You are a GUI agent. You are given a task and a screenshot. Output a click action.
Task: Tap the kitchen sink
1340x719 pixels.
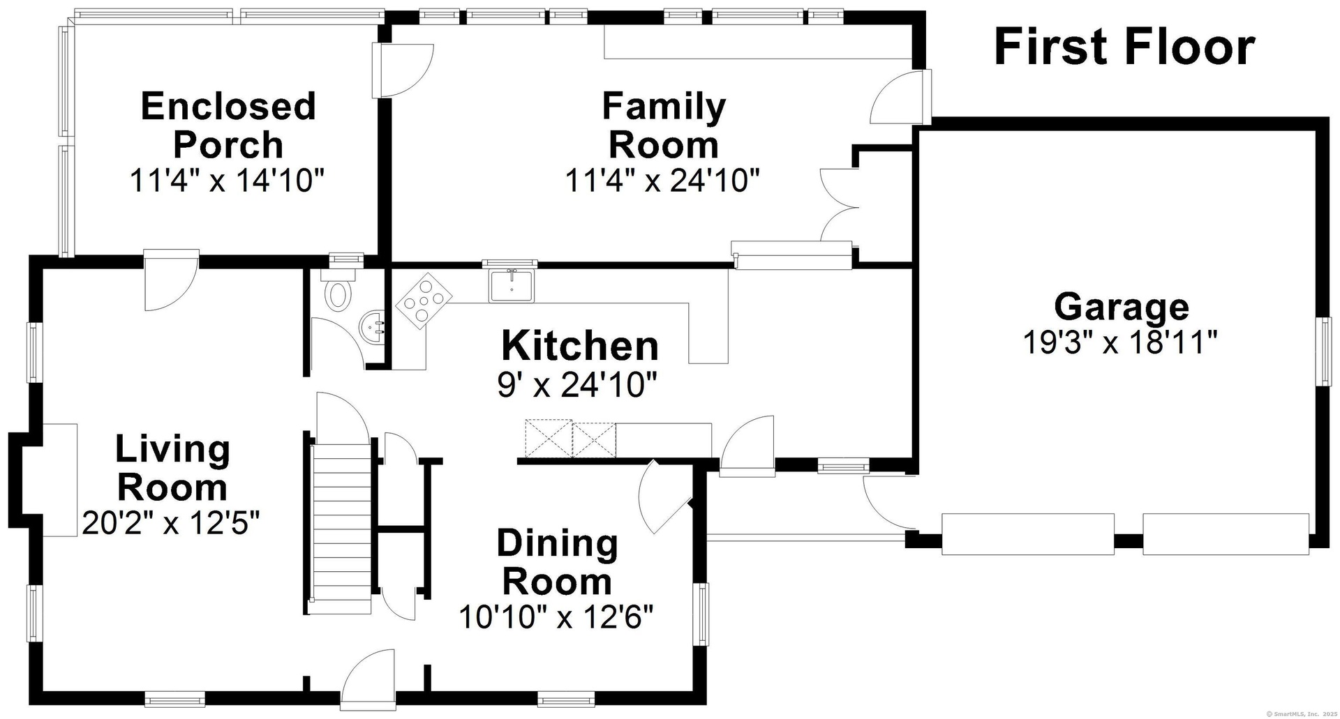(512, 285)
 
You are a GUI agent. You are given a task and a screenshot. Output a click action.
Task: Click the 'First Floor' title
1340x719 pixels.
(1124, 47)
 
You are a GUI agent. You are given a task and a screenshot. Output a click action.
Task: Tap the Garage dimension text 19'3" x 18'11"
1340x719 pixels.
(1120, 342)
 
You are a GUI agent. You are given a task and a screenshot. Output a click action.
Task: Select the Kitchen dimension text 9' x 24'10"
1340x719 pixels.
(577, 384)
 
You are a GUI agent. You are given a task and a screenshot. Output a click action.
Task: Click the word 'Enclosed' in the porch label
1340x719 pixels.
(228, 107)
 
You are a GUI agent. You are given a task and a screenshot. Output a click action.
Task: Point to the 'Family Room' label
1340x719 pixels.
(664, 126)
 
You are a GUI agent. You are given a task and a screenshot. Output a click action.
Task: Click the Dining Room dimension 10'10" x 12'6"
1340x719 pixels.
(556, 616)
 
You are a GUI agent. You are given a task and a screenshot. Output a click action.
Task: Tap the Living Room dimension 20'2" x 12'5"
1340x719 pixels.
(171, 522)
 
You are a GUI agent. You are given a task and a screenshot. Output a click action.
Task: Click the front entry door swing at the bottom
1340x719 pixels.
(368, 679)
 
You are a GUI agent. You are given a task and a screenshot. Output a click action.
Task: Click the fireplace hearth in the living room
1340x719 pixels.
(60, 480)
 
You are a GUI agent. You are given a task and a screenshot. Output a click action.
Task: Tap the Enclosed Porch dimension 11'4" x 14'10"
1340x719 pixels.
(228, 181)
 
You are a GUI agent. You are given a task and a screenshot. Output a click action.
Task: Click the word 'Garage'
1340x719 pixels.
(1122, 307)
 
